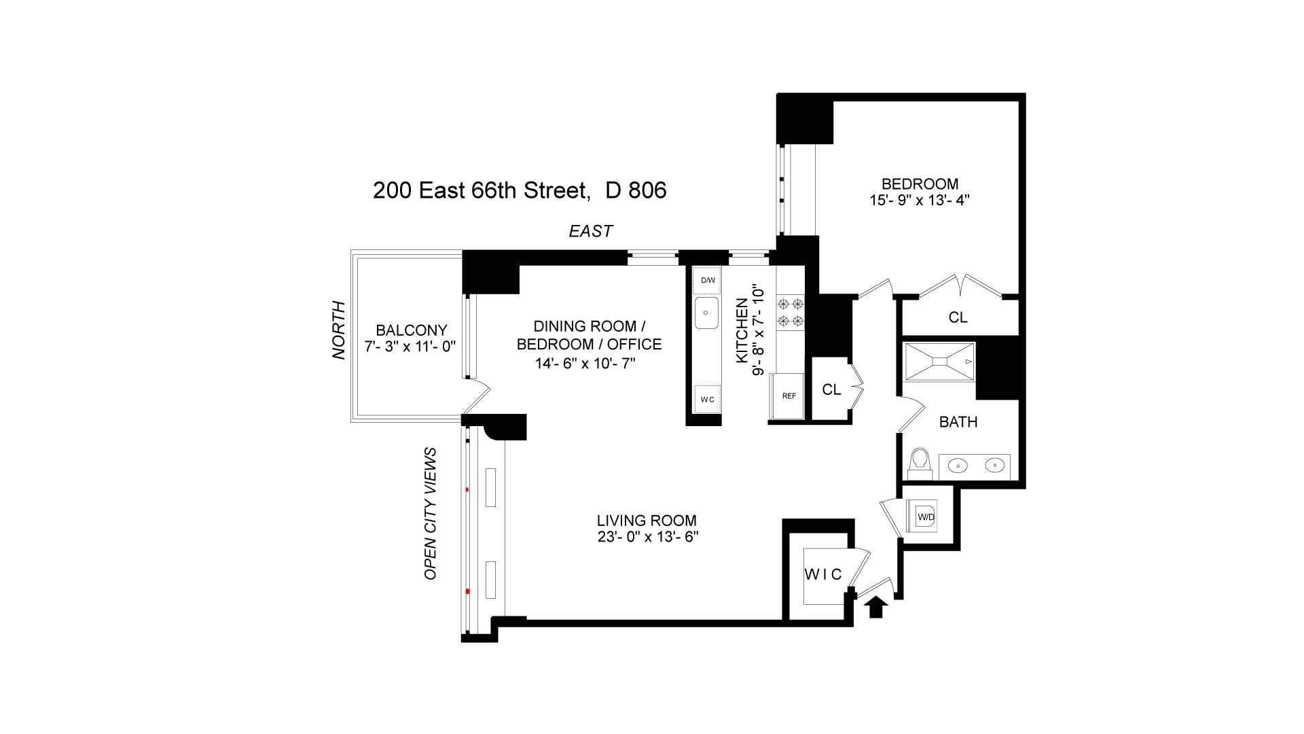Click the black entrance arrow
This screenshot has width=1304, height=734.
point(876,606)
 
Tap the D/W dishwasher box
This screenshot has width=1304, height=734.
point(707,281)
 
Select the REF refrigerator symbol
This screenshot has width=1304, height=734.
point(789,397)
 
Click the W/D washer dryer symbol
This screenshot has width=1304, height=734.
point(926,517)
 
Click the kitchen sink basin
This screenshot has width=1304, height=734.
point(706,313)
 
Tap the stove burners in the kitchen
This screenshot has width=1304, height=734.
point(791,312)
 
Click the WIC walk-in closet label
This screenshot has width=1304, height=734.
point(823,575)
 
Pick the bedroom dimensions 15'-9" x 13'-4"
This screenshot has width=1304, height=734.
point(920,200)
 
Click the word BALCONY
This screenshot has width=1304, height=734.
point(412,330)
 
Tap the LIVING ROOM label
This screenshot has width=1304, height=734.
point(646,521)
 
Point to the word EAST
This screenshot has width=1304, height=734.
point(590,232)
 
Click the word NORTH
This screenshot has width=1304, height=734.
point(339,330)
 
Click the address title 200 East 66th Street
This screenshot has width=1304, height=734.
point(479,191)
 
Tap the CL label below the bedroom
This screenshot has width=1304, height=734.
point(958,317)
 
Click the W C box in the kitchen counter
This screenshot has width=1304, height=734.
point(707,399)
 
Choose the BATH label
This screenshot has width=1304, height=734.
point(958,422)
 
